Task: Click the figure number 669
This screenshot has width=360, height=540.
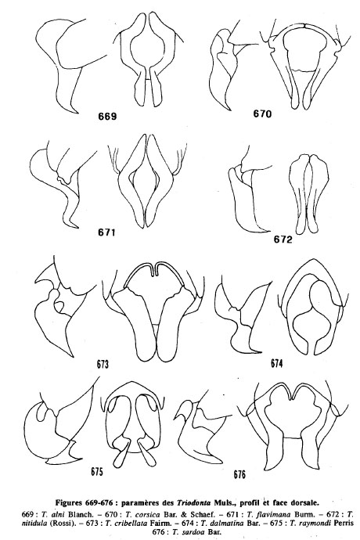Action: pos(107,117)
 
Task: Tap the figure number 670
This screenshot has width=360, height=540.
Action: pos(262,113)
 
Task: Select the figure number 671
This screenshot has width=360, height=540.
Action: pos(106,232)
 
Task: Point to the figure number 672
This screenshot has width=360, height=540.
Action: pos(283,239)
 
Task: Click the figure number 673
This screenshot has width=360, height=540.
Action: pos(103,364)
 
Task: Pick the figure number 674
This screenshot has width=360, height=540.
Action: pos(276,363)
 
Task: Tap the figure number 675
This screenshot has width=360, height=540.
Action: pos(97,471)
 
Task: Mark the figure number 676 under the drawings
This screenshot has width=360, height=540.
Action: pos(239,474)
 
